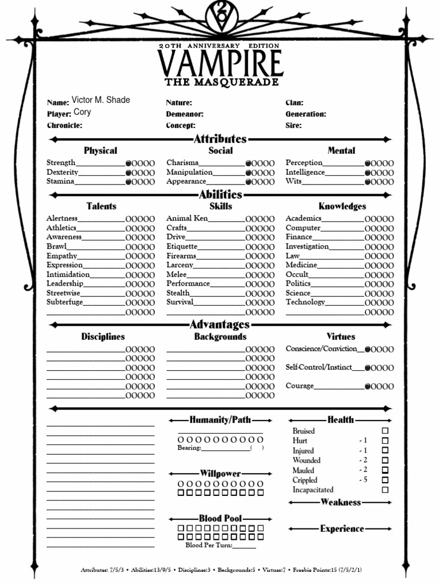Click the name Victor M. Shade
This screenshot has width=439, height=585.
click(101, 100)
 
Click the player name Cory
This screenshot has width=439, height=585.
click(82, 112)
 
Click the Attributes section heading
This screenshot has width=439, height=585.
click(220, 139)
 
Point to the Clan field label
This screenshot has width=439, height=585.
click(294, 103)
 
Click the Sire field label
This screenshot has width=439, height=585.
click(294, 126)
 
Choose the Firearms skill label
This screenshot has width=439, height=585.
click(181, 256)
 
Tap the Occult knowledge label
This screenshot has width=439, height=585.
click(297, 275)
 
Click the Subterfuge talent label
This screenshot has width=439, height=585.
click(65, 302)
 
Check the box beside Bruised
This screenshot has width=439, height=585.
click(385, 431)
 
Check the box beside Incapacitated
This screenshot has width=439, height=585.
click(385, 490)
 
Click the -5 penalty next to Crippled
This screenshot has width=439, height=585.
click(363, 480)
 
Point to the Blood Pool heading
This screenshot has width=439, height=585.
click(220, 518)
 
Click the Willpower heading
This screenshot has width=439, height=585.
click(220, 474)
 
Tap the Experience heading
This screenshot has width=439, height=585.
click(342, 529)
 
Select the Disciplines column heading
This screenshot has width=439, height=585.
click(103, 337)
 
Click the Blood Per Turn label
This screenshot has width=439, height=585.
click(209, 546)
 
